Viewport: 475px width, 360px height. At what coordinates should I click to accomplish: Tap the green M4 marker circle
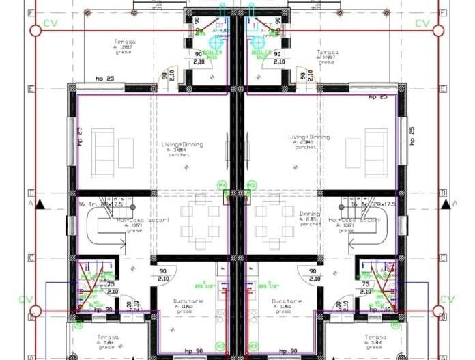click(222, 185)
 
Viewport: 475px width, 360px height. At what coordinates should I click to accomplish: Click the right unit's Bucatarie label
click(283, 301)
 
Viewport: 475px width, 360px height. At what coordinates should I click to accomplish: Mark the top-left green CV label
click(50, 24)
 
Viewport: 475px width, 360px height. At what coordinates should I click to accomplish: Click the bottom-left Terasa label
click(107, 337)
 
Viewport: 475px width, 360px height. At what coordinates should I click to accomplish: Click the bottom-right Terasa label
click(375, 337)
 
